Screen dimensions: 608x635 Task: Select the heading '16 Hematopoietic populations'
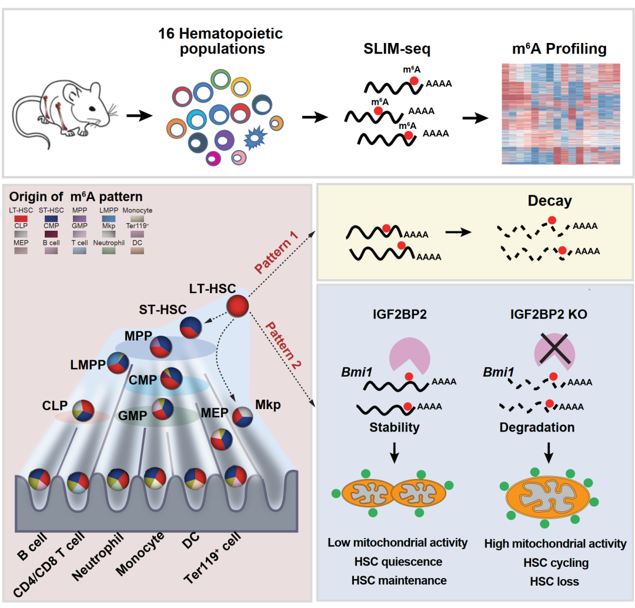(220, 41)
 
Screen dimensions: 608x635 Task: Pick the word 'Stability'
(395, 427)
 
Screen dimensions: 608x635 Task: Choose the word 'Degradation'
(537, 427)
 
